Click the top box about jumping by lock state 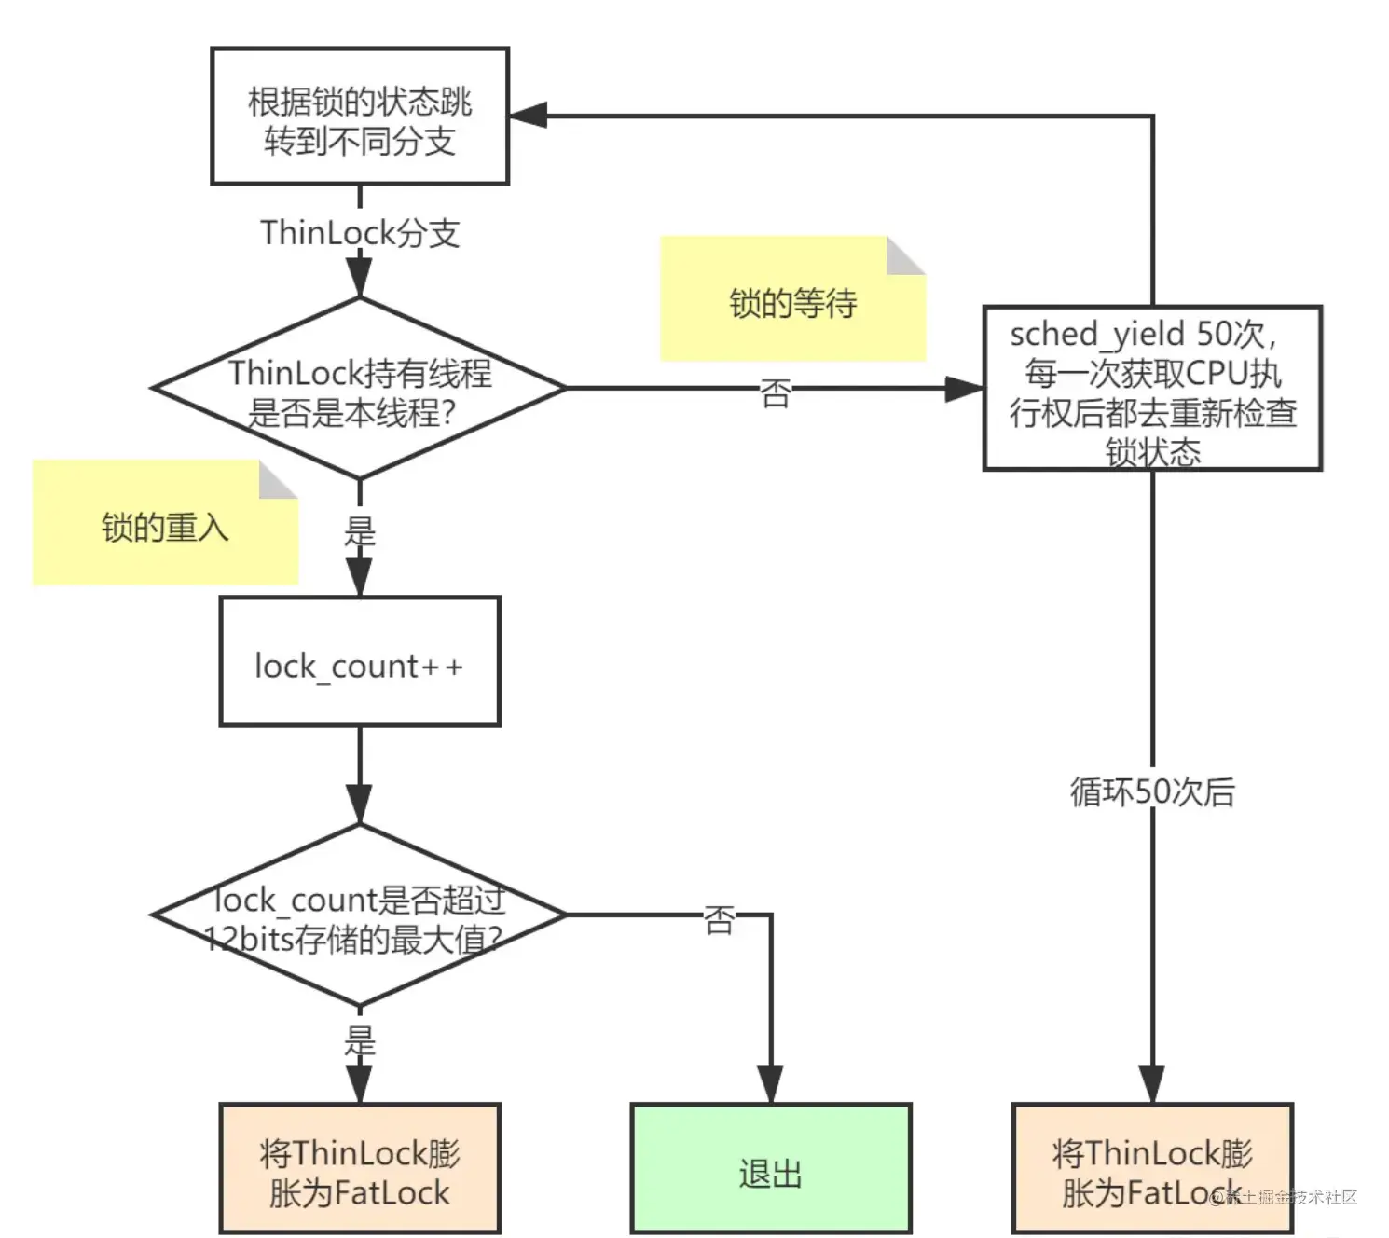coord(359,116)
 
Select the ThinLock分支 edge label coord(359,232)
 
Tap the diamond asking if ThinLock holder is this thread coord(359,388)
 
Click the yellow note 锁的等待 coord(792,298)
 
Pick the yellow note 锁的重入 coord(165,522)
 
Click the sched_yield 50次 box coord(1152,388)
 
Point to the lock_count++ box coord(359,662)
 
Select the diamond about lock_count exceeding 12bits coord(359,915)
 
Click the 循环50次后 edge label coord(1152,791)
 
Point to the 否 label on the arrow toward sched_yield coord(776,392)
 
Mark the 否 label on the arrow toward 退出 coord(719,919)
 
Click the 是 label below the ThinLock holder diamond coord(360,532)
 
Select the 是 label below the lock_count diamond coord(360,1040)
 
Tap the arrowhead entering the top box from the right coord(528,116)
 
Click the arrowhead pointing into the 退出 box coord(771,1084)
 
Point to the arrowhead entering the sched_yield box coord(964,388)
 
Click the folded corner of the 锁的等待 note coord(906,255)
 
